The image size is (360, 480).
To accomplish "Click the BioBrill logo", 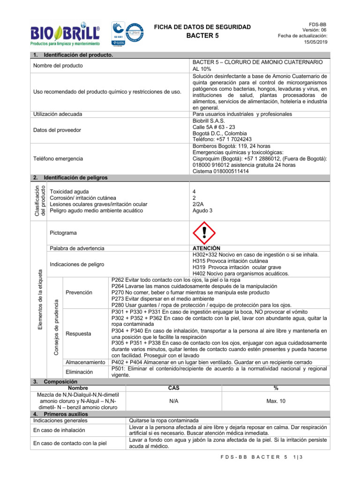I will (x=65, y=33).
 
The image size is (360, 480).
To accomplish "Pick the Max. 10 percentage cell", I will (x=275, y=401).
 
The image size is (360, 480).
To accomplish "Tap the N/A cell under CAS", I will (x=173, y=401).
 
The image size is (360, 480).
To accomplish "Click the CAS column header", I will (x=173, y=388).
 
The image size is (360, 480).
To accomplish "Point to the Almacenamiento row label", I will (x=85, y=362).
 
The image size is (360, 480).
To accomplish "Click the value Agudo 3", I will (x=202, y=210).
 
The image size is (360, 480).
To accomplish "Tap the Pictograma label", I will (x=63, y=233).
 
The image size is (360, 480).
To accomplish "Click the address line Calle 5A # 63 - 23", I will (x=214, y=127).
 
